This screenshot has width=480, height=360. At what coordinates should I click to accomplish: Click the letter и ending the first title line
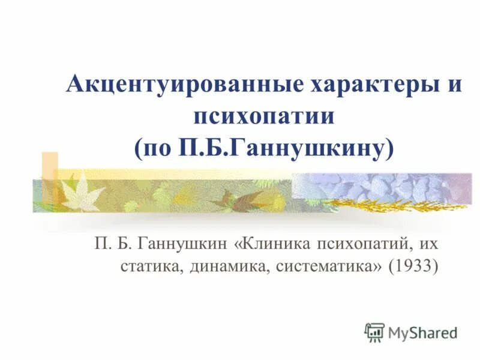click(x=455, y=83)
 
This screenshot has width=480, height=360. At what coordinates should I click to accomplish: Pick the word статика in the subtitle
click(x=141, y=265)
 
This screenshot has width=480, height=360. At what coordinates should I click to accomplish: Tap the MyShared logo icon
click(x=374, y=332)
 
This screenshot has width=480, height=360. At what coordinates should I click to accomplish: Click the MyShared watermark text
click(x=422, y=332)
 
